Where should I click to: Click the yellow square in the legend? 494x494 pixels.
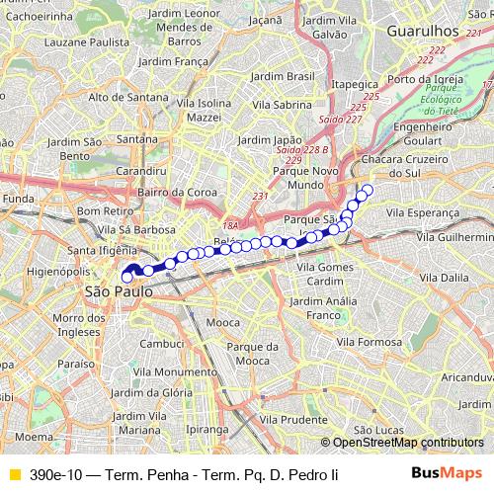point(13,475)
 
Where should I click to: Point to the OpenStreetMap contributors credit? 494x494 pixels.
point(407,443)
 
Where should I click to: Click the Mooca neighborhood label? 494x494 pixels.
point(224,323)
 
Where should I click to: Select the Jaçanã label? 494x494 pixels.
point(293,19)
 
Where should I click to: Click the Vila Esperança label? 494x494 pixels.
point(422,211)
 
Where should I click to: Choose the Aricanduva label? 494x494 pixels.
point(467,377)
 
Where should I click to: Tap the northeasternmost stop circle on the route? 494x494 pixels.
point(369,190)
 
